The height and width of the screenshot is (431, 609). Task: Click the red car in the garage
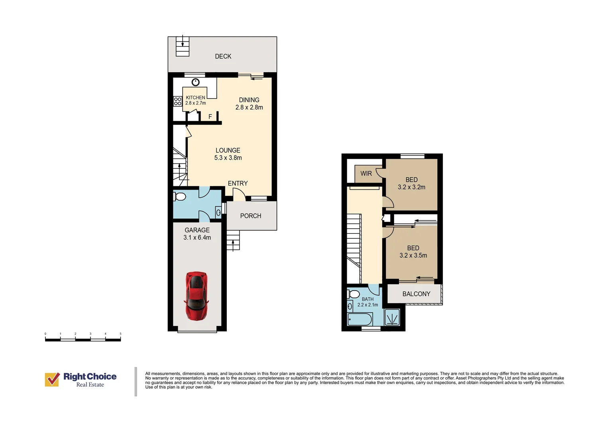(x=196, y=296)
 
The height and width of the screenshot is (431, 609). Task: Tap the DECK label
(x=223, y=56)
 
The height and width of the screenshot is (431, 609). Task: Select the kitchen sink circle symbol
(x=195, y=82)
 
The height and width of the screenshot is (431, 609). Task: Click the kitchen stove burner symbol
(x=177, y=101)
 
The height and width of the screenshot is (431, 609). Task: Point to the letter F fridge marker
(x=210, y=117)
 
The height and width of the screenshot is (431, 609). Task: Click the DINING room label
(x=249, y=100)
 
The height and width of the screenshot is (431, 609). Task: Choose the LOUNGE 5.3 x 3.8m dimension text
(x=228, y=158)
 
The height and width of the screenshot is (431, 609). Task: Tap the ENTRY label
(x=238, y=184)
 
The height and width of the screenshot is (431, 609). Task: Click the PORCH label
(x=250, y=216)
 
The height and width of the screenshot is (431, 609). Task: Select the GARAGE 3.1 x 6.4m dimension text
(x=197, y=237)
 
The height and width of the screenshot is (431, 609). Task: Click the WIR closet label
(x=366, y=174)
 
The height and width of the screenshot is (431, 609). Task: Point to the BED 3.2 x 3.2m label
(x=411, y=184)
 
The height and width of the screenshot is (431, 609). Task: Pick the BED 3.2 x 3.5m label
(x=413, y=252)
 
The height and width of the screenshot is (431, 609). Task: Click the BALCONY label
(x=416, y=294)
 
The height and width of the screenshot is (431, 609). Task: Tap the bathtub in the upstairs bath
(x=360, y=319)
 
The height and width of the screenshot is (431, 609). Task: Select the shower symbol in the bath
(x=392, y=317)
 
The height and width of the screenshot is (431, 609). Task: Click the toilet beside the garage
(x=179, y=196)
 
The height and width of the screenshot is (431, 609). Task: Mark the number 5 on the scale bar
(x=120, y=334)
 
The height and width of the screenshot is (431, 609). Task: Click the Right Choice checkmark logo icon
(x=52, y=380)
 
